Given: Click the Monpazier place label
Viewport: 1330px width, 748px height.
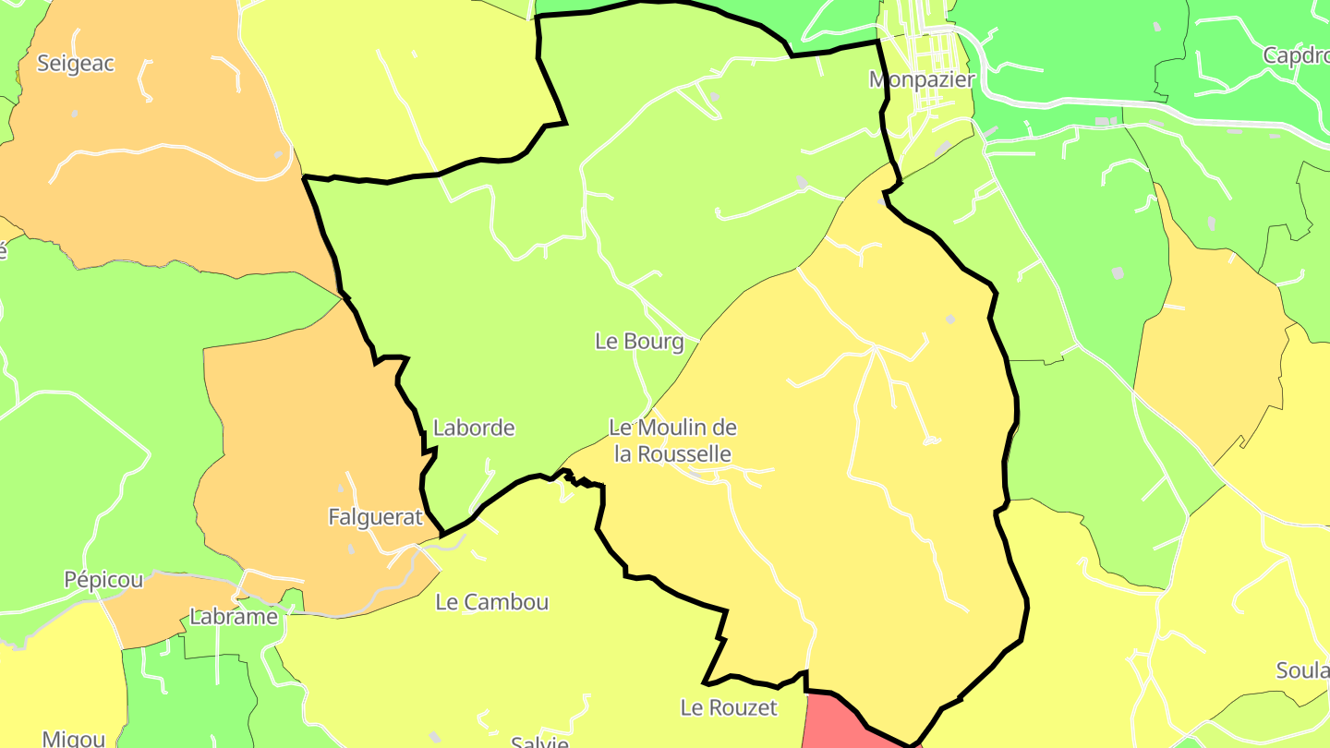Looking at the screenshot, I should point(922,79).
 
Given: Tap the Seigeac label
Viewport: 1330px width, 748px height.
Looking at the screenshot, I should point(76,64).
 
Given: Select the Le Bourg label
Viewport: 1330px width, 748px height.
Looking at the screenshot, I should point(639,342).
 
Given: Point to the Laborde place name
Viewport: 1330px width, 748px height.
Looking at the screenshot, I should point(474,428).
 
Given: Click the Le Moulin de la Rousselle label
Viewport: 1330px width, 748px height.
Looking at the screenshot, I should point(673,440).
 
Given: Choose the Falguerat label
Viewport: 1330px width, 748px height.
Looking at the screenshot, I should point(375,517).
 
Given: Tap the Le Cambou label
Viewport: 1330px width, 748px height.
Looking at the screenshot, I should point(492,602).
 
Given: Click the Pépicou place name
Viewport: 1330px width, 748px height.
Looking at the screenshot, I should point(103,580).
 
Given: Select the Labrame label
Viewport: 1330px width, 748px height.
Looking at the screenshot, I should point(234,617).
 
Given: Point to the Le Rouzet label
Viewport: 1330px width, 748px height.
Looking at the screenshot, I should point(729,708).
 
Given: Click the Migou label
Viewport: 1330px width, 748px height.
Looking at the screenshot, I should point(74,738).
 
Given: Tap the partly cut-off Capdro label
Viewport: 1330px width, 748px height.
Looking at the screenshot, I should point(1296,55).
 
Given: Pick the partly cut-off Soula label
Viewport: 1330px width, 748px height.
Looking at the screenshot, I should point(1302,670).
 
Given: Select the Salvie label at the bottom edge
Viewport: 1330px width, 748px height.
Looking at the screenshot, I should point(539,741).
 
